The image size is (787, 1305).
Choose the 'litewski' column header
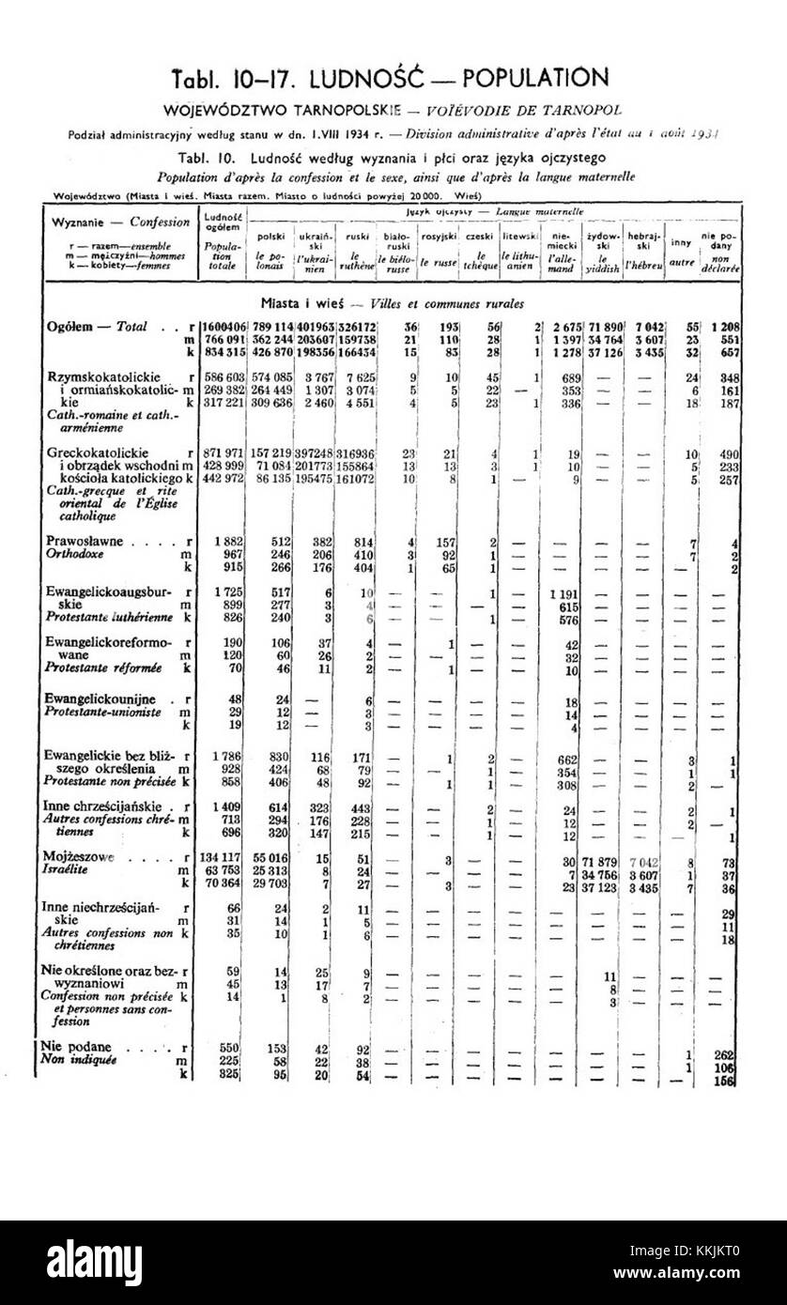[517, 236]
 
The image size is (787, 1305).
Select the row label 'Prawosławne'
[90, 542]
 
